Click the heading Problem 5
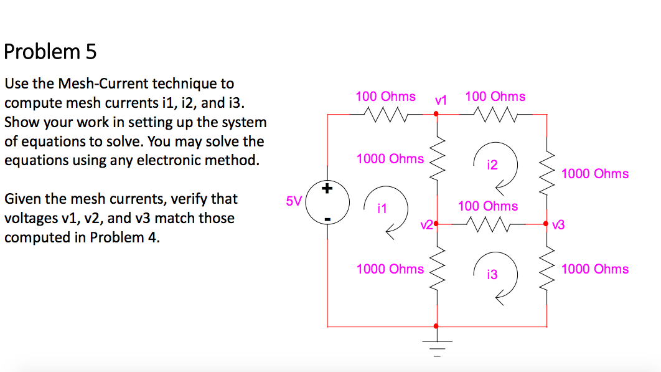click(x=50, y=52)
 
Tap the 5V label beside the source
click(x=293, y=201)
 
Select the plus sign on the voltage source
click(x=327, y=188)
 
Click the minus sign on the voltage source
click(x=327, y=219)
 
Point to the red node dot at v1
click(x=436, y=114)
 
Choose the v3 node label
click(x=558, y=225)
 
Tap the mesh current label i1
click(x=382, y=209)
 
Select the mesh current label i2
click(x=492, y=165)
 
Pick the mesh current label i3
click(x=492, y=274)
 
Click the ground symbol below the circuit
click(x=436, y=346)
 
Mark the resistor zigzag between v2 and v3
click(x=492, y=223)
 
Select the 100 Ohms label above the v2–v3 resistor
click(x=488, y=206)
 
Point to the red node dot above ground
click(x=436, y=326)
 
